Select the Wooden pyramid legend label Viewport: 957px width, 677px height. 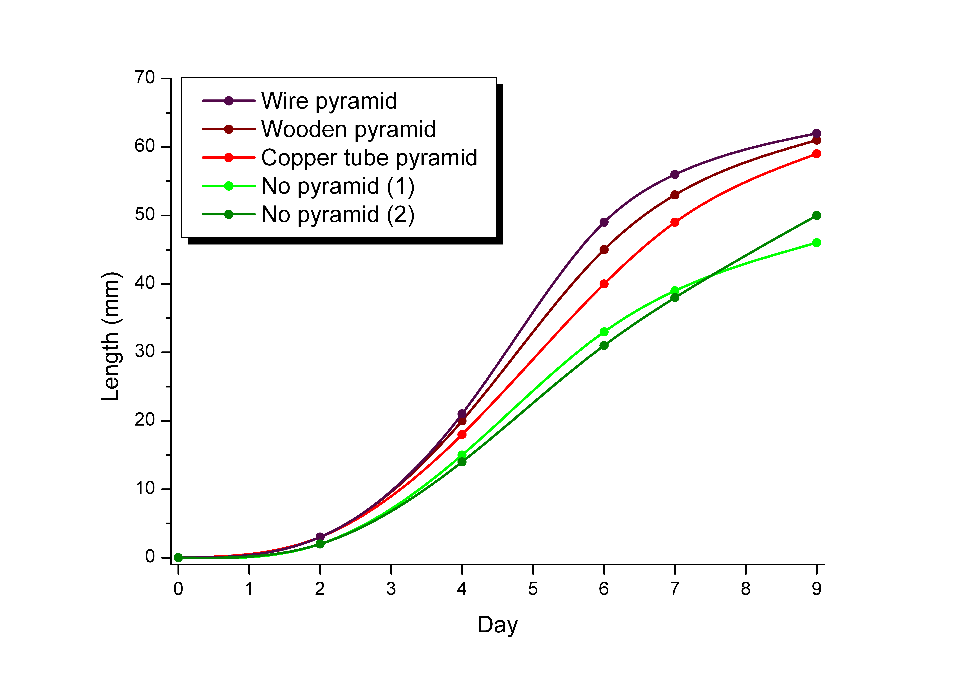click(348, 129)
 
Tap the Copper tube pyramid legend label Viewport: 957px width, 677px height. click(369, 158)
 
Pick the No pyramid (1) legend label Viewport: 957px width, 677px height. click(338, 186)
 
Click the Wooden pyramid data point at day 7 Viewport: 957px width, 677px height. click(675, 195)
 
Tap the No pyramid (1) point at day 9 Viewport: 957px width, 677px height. click(817, 243)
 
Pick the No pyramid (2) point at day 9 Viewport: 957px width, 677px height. click(817, 215)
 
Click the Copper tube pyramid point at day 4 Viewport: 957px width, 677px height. click(462, 435)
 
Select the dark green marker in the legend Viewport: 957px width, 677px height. click(228, 214)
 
